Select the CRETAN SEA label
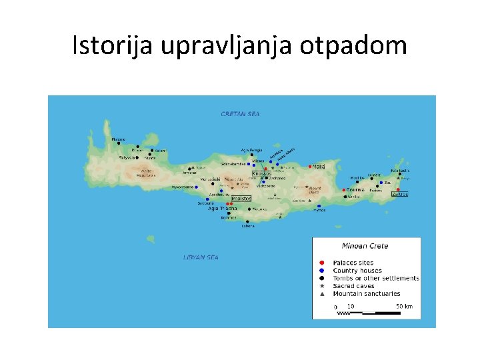(240, 114)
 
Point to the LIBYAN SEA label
(201, 257)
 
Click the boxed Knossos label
(261, 173)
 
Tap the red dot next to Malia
(309, 166)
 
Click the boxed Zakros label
(400, 194)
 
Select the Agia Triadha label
(223, 209)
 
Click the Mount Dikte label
(314, 191)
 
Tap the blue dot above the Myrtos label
(319, 206)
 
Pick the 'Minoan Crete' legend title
(365, 246)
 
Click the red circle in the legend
(322, 263)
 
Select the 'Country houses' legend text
(357, 271)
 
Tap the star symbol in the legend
(322, 286)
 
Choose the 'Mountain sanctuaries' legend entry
(367, 293)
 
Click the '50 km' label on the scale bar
(404, 307)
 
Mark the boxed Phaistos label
(240, 198)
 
